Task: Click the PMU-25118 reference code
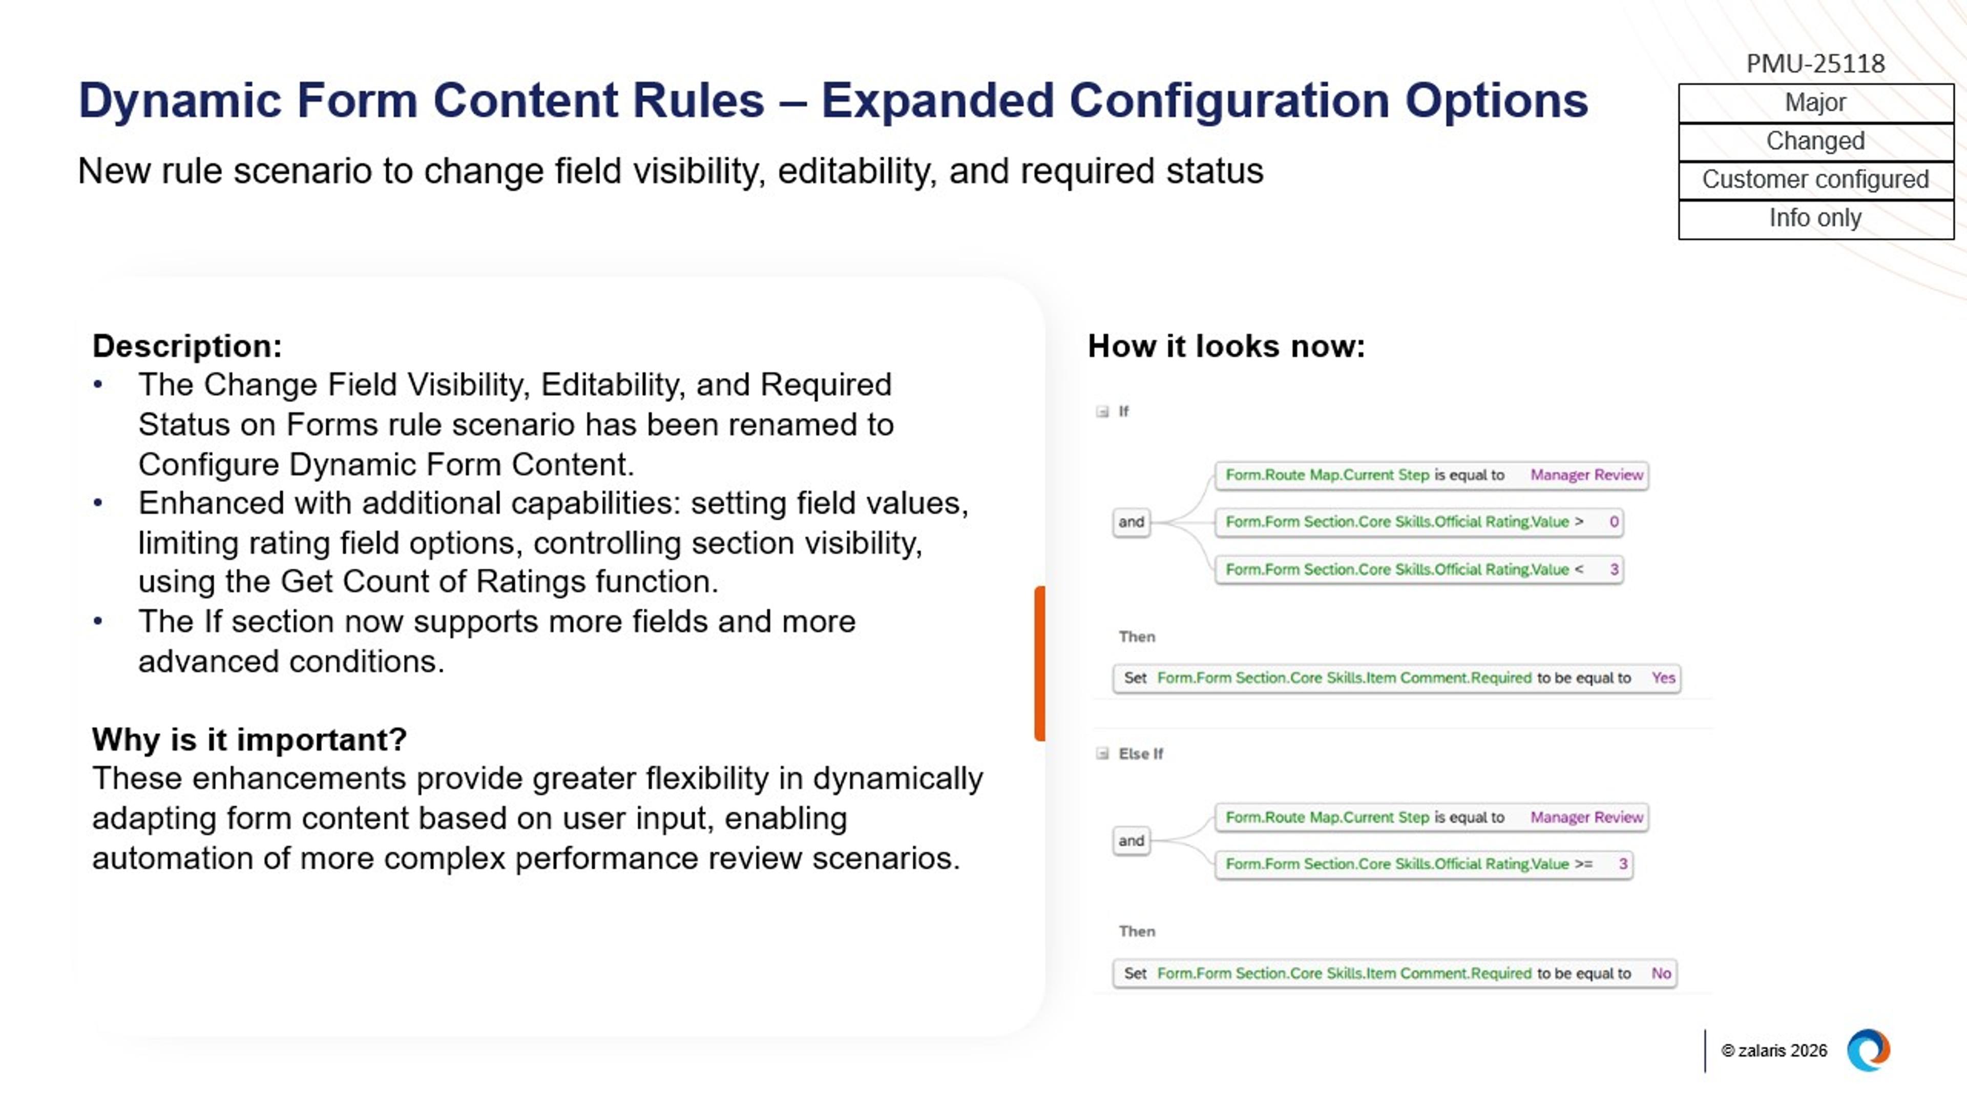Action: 1815,64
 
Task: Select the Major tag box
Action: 1815,102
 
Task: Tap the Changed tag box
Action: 1815,141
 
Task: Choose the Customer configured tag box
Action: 1815,179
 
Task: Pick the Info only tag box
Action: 1815,218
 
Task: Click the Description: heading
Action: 187,346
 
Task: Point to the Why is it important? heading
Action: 249,740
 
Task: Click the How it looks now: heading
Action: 1226,346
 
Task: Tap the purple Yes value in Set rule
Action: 1662,678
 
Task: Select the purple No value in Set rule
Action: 1661,973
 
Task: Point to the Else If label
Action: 1140,754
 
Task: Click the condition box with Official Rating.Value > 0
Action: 1418,522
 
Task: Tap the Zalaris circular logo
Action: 1868,1051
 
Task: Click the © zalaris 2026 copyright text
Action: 1774,1051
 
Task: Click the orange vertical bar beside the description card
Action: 1039,662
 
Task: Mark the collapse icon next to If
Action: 1102,412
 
